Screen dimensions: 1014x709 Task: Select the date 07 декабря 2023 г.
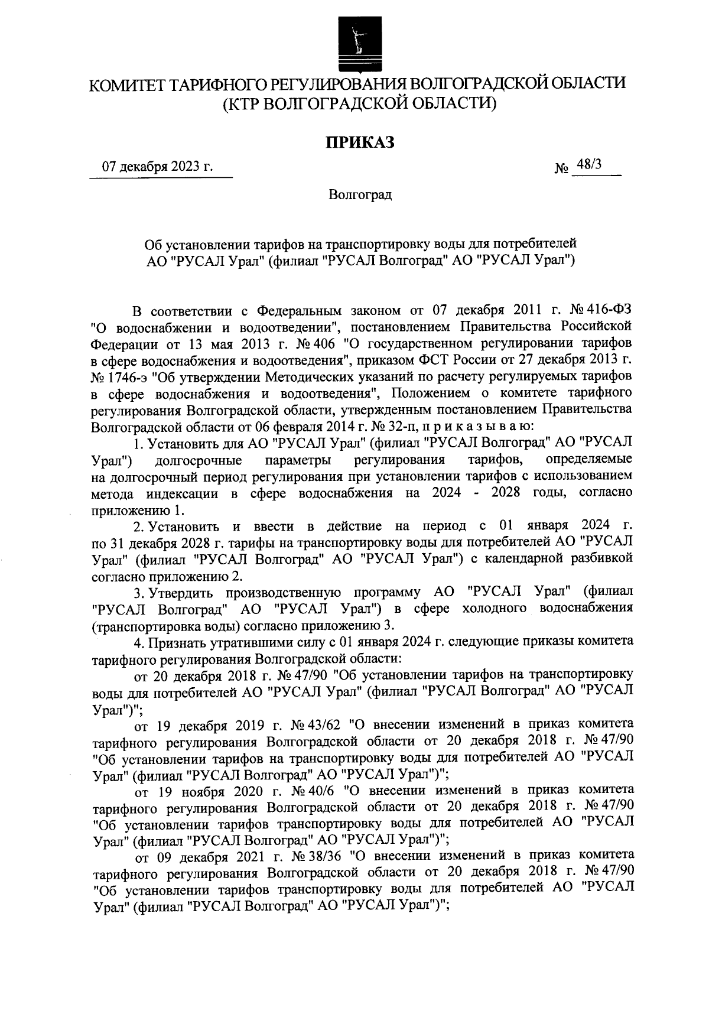click(157, 167)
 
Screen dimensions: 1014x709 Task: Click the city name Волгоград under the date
click(360, 194)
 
